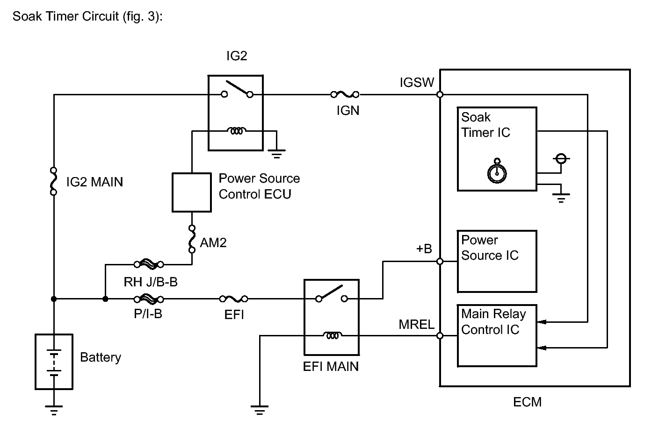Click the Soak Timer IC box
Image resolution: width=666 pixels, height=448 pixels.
(x=497, y=149)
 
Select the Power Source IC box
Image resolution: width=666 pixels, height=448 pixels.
(x=497, y=261)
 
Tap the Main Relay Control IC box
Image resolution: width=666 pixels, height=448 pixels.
(x=497, y=335)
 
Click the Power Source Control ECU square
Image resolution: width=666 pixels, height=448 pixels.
(x=192, y=192)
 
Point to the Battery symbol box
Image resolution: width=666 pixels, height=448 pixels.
(x=54, y=362)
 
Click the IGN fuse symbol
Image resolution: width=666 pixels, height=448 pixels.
(x=345, y=94)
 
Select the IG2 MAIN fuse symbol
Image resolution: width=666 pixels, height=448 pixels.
(x=54, y=181)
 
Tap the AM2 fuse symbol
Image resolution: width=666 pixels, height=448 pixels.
(x=192, y=239)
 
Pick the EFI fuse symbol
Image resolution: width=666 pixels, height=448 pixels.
(x=234, y=299)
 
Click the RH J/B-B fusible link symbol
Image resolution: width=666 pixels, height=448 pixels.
(x=149, y=264)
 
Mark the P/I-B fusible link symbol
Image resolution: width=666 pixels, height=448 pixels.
(x=149, y=299)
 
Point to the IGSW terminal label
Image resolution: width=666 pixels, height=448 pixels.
(x=417, y=83)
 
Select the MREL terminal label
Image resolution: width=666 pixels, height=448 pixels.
(x=416, y=324)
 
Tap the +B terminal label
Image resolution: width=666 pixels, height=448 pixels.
(x=424, y=249)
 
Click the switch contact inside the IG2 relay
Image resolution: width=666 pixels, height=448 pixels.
(x=237, y=89)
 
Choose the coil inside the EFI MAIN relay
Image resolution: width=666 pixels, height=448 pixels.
(x=332, y=335)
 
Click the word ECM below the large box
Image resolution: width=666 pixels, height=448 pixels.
(x=527, y=402)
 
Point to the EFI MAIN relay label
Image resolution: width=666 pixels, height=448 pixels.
(x=331, y=367)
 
